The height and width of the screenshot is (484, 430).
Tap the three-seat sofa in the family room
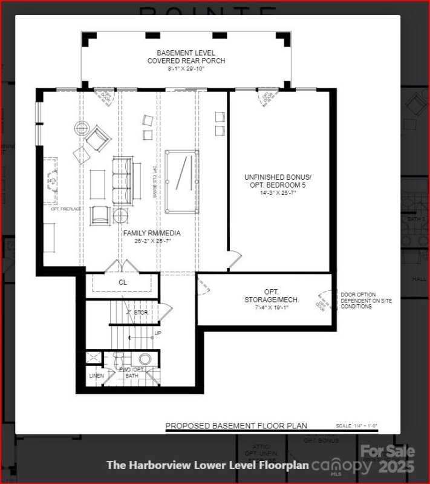coord(122,180)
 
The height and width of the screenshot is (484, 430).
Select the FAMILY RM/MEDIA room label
coord(152,233)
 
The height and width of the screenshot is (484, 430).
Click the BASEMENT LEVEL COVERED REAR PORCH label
coord(186,57)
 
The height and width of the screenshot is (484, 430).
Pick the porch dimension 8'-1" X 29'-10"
coord(186,69)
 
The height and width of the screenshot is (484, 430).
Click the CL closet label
coord(123,282)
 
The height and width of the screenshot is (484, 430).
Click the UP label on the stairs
coord(158,333)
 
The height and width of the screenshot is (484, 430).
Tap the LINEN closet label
coord(96,376)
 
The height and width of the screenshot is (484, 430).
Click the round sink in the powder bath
coord(145,359)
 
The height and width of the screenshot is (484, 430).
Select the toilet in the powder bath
coord(119,359)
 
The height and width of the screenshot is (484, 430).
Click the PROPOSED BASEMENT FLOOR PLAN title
coord(236,426)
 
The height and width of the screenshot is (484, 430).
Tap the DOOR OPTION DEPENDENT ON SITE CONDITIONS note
coord(365,300)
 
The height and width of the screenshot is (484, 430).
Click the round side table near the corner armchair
coord(82,128)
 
